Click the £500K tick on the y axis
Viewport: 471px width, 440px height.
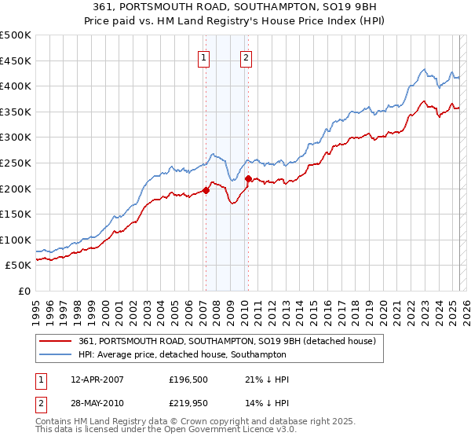[16, 35]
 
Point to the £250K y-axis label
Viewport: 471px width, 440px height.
[16, 163]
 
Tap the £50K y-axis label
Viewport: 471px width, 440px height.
[19, 266]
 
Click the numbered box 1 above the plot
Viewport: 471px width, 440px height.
[204, 57]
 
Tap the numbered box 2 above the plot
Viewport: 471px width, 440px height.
[246, 57]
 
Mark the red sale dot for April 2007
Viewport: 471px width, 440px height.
[206, 189]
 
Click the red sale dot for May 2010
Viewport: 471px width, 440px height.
[248, 178]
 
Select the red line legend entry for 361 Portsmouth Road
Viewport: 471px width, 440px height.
[228, 341]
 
